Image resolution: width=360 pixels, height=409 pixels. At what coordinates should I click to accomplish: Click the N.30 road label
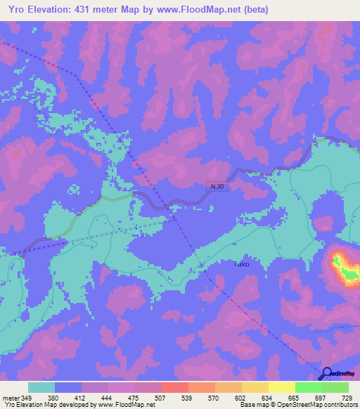(x=217, y=186)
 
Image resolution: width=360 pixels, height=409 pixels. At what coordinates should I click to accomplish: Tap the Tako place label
(x=240, y=264)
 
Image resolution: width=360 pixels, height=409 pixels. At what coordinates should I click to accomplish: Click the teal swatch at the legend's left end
(x=41, y=387)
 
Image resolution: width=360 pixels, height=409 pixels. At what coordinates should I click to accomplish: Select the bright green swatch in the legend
(x=309, y=387)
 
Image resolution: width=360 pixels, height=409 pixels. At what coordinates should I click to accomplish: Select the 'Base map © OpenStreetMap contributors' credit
(x=297, y=405)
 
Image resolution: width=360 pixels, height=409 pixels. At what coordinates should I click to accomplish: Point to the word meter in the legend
(x=11, y=397)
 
